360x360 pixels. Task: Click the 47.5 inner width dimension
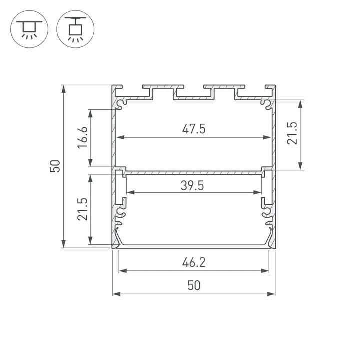(194, 129)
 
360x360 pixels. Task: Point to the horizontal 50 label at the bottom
(194, 285)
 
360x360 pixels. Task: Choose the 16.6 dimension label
(83, 138)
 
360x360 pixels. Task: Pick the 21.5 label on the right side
(292, 134)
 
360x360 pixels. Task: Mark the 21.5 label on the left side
(83, 209)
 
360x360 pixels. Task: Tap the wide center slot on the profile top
(194, 94)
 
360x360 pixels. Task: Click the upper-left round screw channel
(121, 104)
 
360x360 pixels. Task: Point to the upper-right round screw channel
(267, 104)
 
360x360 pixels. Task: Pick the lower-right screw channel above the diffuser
(268, 215)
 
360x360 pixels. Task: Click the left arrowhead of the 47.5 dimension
(118, 137)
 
